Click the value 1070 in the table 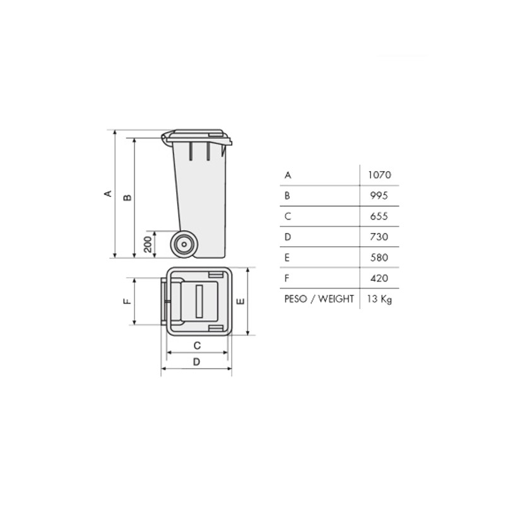coord(379,175)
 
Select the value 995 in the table coord(379,196)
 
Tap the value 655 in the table coord(379,216)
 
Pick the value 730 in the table coord(379,237)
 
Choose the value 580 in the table coord(379,258)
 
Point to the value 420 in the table coord(379,278)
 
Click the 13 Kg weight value coord(379,299)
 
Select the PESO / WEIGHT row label coord(319,299)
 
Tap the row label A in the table coord(288,175)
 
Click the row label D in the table coord(288,237)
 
